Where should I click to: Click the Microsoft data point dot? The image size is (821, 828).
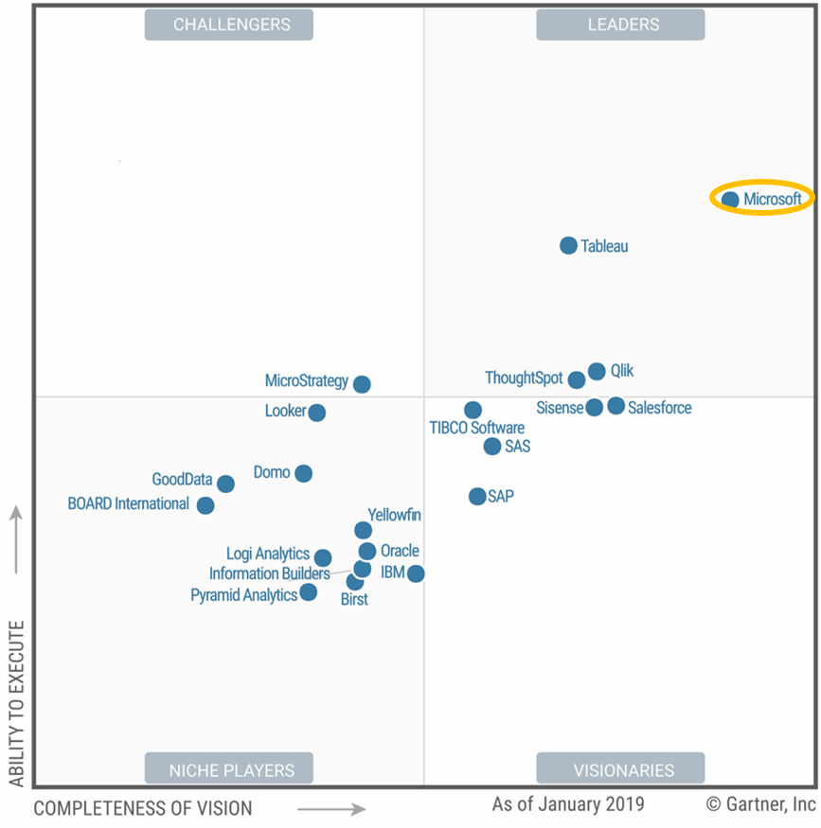730,200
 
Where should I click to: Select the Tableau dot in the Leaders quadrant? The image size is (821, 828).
568,246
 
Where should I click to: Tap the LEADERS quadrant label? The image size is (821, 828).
620,25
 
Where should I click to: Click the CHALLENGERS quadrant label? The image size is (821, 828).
229,25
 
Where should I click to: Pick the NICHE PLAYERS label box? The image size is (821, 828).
229,769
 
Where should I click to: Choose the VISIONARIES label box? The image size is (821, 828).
620,769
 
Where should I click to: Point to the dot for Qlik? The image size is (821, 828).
597,372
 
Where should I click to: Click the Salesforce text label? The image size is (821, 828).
660,408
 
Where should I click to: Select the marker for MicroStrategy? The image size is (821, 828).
362,384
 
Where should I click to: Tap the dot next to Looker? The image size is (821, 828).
317,413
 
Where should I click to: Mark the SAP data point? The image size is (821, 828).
477,496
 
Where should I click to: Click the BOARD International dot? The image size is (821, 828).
205,505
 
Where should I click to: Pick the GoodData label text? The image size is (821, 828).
182,480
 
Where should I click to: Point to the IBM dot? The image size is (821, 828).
416,573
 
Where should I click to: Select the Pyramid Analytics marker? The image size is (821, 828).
308,592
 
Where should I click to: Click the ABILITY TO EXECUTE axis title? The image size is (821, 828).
16,704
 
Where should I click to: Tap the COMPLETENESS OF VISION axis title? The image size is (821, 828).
143,808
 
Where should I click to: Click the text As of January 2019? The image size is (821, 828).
568,804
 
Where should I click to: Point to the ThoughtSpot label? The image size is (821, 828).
524,379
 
